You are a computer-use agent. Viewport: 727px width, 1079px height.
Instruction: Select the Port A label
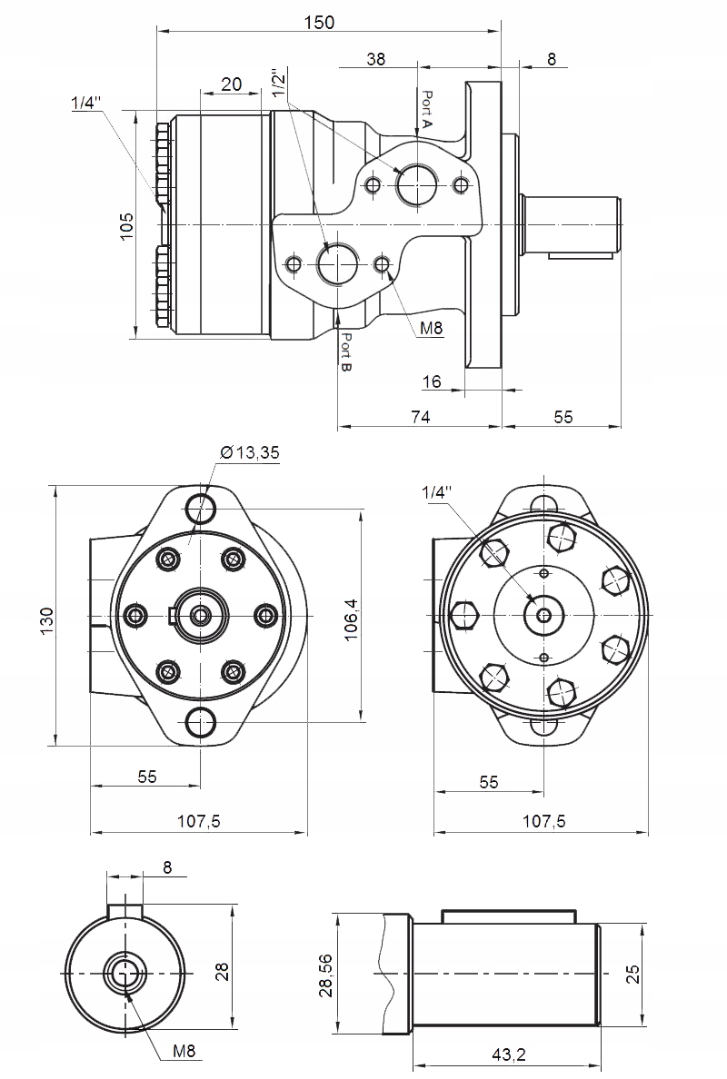click(427, 108)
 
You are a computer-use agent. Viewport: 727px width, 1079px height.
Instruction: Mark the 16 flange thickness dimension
click(432, 382)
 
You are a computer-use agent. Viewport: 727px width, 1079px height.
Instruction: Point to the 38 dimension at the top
click(375, 59)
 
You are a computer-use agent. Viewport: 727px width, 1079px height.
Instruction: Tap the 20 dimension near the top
click(231, 84)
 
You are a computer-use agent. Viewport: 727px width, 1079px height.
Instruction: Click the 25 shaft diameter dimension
click(633, 974)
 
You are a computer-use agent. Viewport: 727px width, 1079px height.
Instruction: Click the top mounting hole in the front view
click(200, 506)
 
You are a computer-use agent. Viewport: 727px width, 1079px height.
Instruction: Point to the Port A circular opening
click(417, 185)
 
